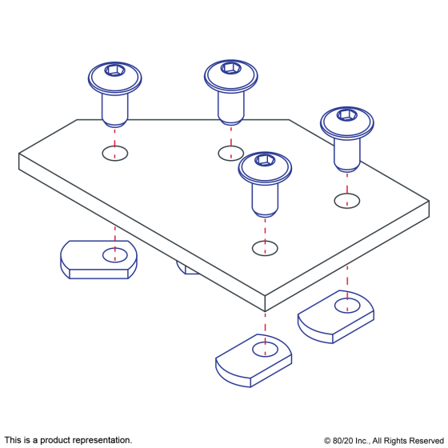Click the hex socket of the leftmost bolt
click(115, 70)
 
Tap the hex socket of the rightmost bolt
click(347, 115)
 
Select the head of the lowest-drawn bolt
click(265, 168)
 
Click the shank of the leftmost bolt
click(115, 107)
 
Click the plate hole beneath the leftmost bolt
click(115, 154)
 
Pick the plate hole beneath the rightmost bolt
click(347, 201)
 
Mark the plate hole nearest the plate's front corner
click(265, 248)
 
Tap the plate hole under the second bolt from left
click(231, 154)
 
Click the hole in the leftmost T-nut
click(115, 255)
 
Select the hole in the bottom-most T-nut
click(265, 349)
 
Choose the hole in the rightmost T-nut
click(347, 306)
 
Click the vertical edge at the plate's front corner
click(265, 303)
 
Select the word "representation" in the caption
click(102, 440)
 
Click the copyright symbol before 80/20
click(327, 441)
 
